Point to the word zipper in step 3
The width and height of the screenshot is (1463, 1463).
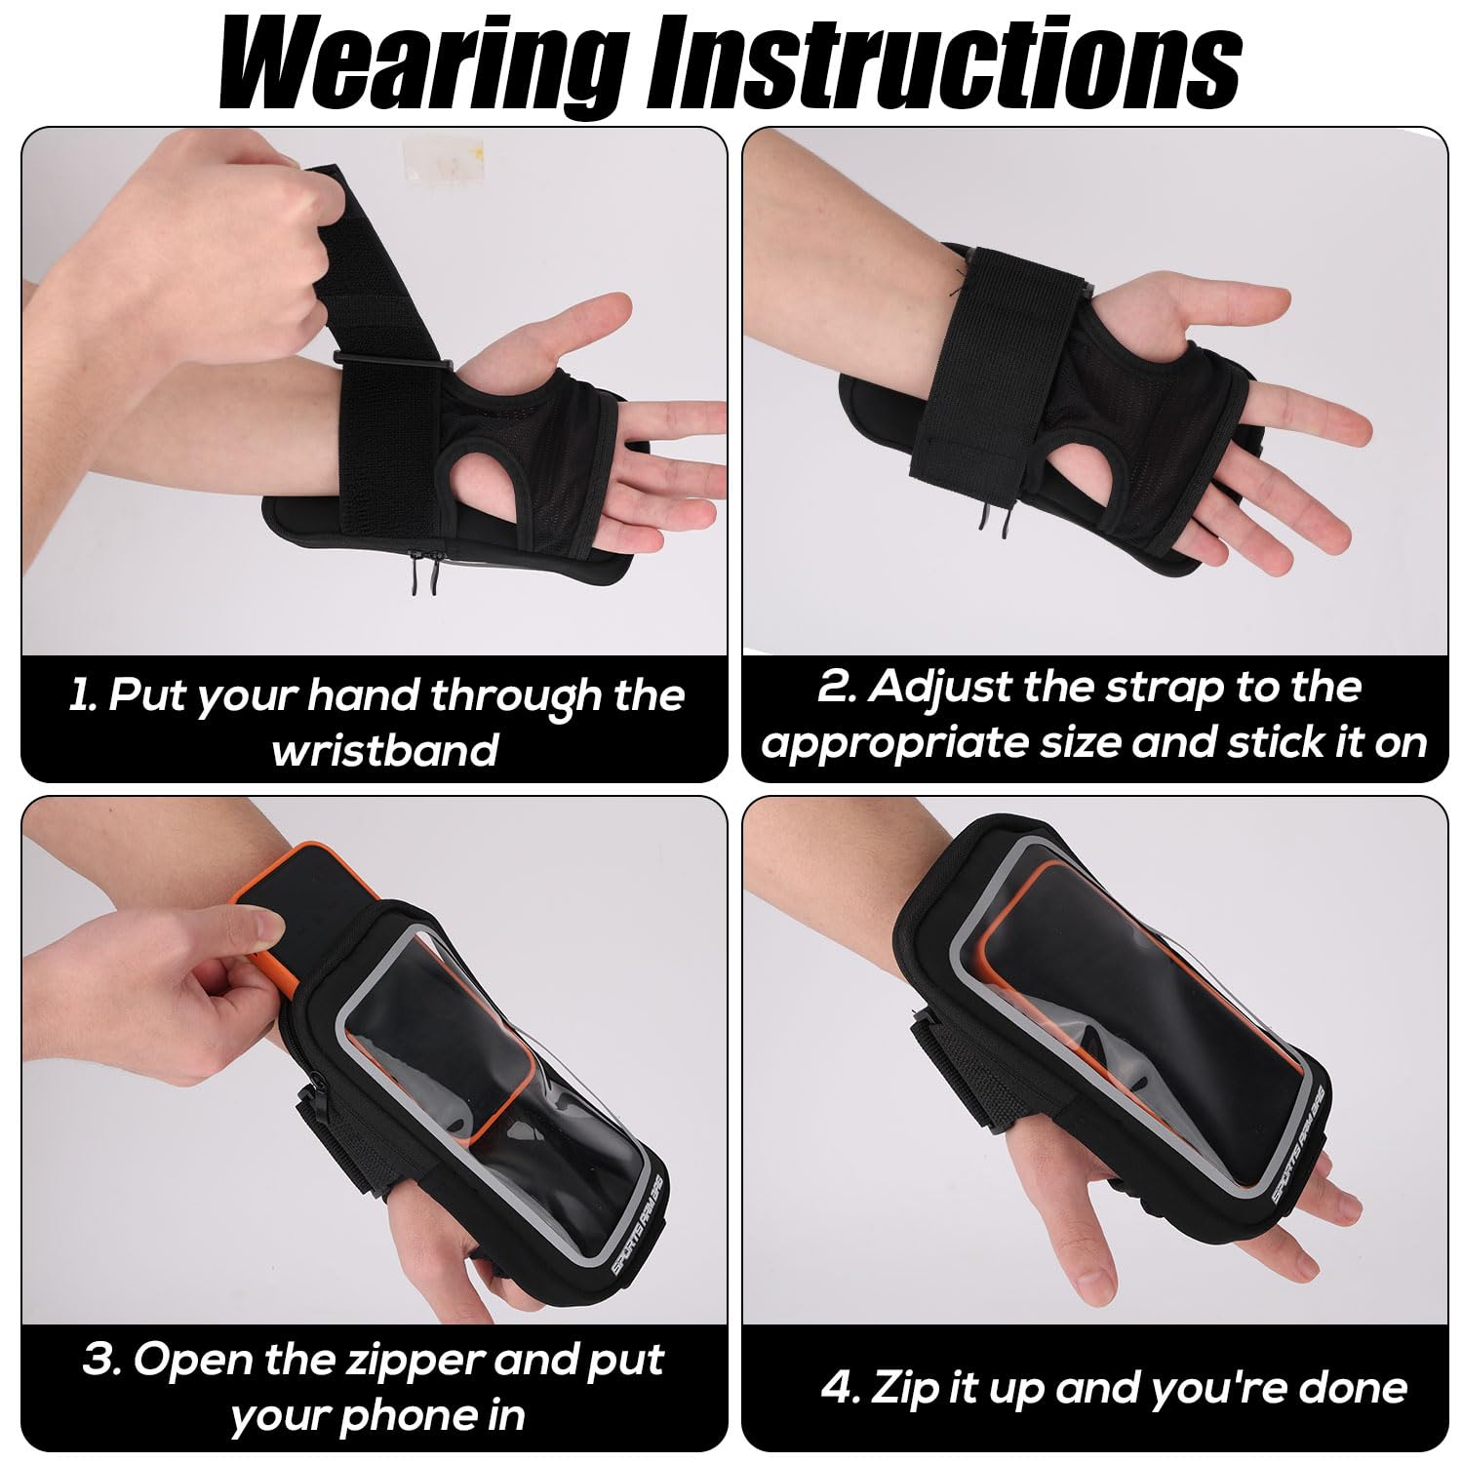[x=410, y=1360]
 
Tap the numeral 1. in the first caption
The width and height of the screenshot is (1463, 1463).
[x=82, y=695]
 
